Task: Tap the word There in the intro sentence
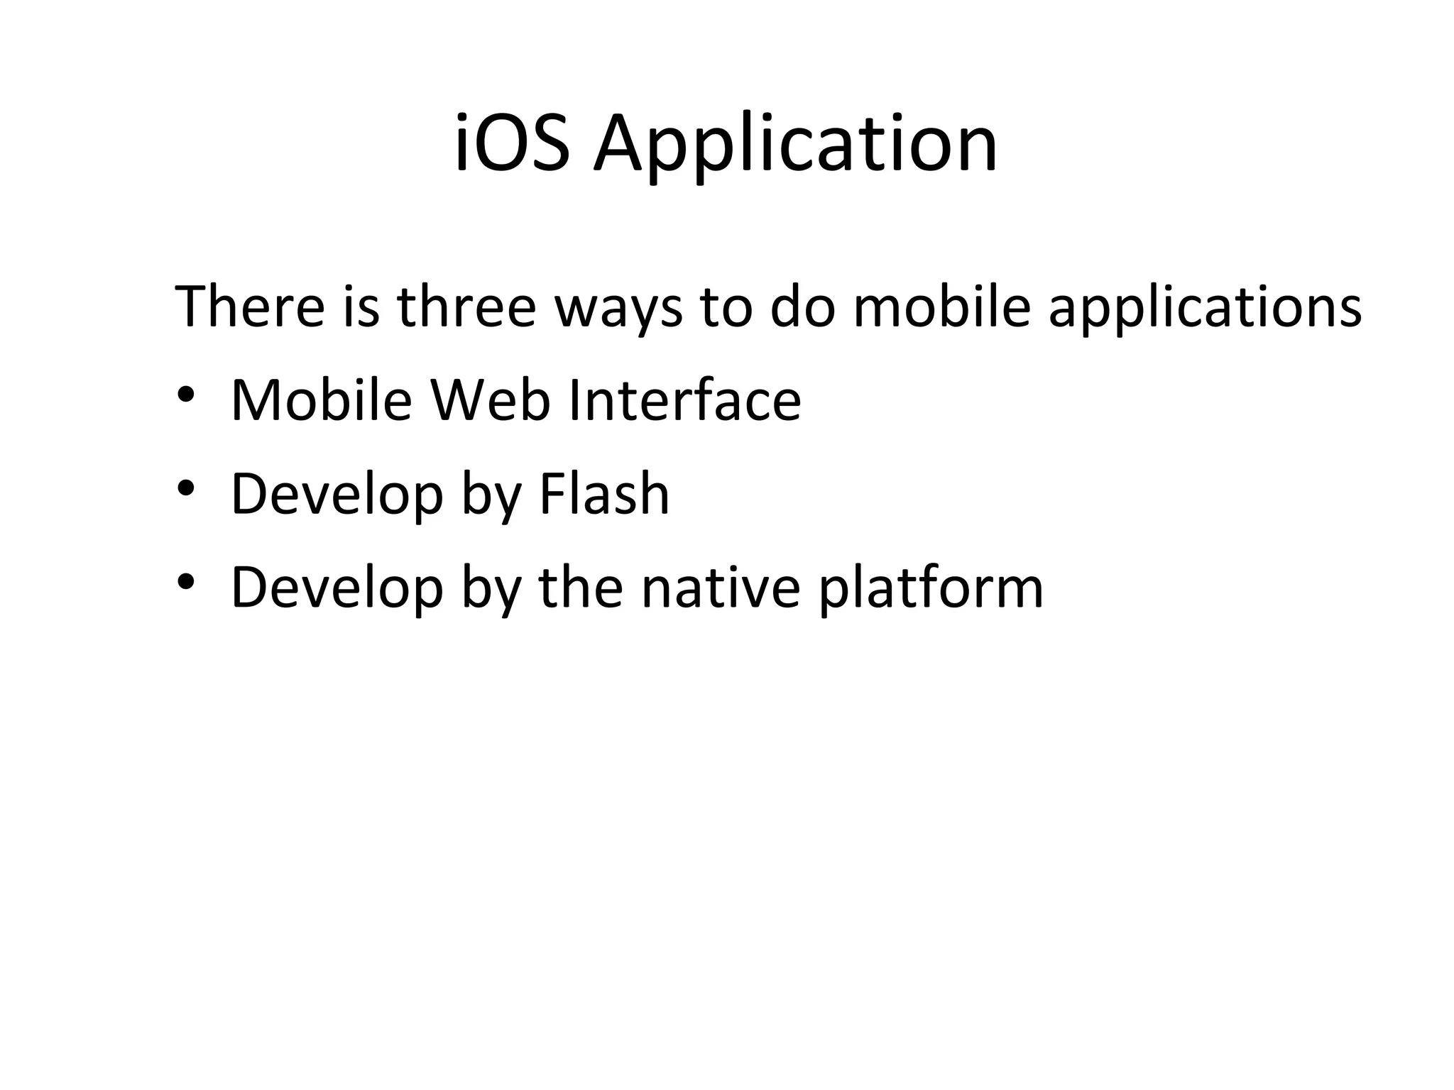click(249, 307)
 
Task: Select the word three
click(466, 307)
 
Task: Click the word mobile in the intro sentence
click(941, 307)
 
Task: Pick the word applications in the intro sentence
click(1205, 311)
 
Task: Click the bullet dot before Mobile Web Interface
click(186, 395)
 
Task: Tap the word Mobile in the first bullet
click(322, 400)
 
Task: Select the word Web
click(491, 400)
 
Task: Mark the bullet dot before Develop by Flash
click(186, 488)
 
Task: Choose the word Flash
click(604, 494)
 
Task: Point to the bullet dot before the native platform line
click(186, 582)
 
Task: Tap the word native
click(721, 588)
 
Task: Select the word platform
click(931, 590)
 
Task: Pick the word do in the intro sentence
click(802, 307)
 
